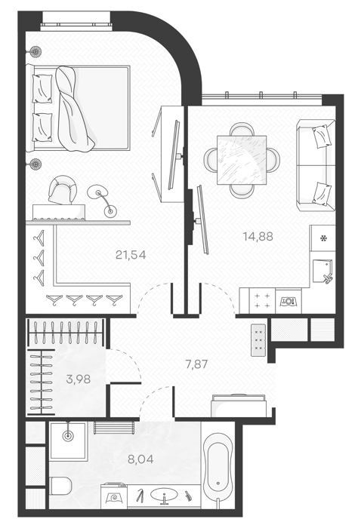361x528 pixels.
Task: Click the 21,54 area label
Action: click(131, 255)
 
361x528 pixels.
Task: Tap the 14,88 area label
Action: click(258, 236)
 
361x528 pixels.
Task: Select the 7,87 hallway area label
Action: click(196, 364)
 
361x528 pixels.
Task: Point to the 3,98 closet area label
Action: click(79, 379)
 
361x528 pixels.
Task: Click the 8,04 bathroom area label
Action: click(140, 459)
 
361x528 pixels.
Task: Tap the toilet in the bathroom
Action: click(60, 486)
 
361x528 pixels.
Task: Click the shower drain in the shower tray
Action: click(69, 435)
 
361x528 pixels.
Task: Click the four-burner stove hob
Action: click(262, 301)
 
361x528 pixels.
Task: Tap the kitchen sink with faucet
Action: click(322, 271)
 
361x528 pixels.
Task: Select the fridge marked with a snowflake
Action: click(323, 238)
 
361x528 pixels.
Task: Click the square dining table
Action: click(242, 160)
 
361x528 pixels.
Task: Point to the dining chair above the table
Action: click(242, 129)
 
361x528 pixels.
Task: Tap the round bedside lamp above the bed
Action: click(34, 51)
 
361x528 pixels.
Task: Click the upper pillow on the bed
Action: click(42, 88)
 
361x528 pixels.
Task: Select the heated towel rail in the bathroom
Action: click(114, 428)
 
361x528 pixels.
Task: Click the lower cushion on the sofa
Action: click(322, 194)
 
